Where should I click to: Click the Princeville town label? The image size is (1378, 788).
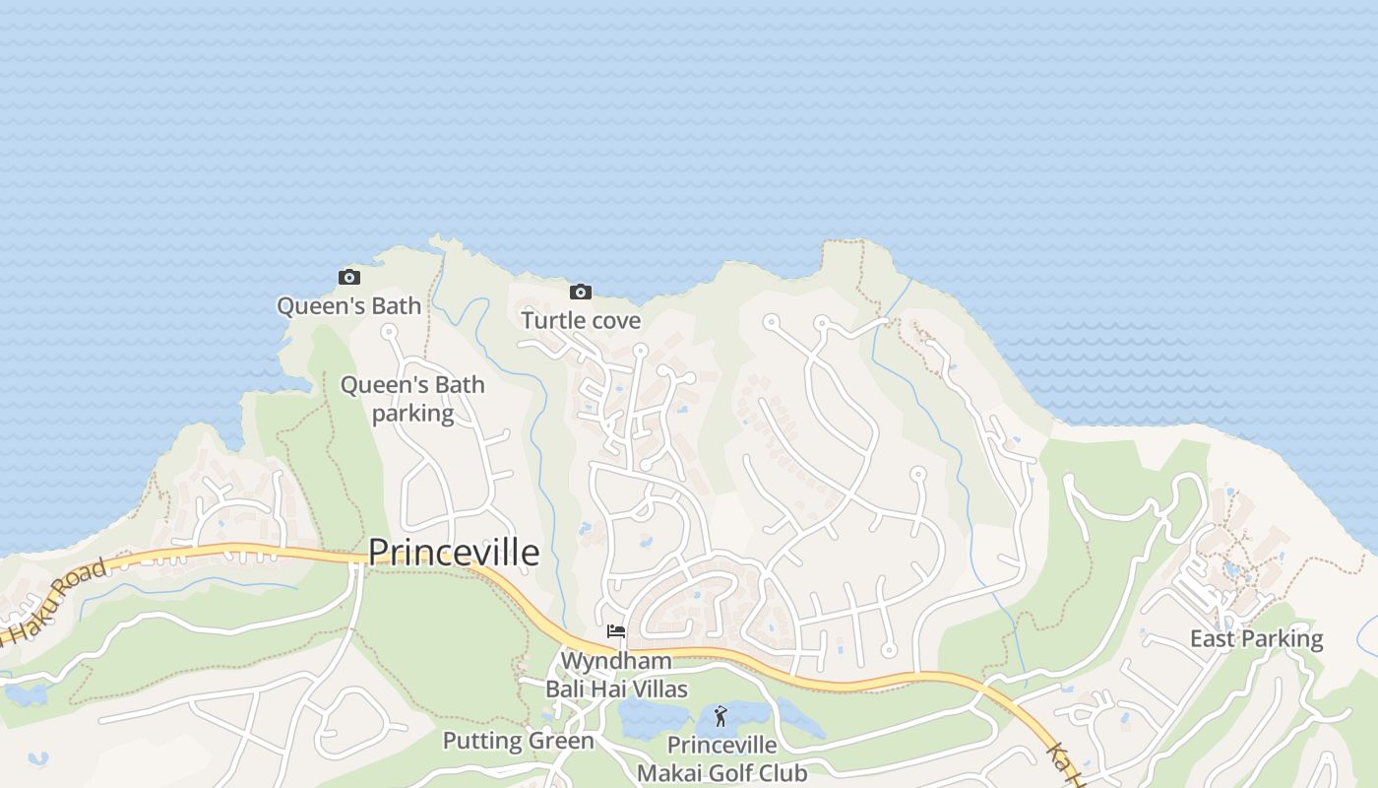pyautogui.click(x=454, y=553)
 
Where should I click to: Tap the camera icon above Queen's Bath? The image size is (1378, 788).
pyautogui.click(x=349, y=278)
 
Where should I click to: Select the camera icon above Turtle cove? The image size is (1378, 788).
pyautogui.click(x=581, y=292)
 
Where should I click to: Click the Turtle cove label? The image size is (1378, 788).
pyautogui.click(x=581, y=320)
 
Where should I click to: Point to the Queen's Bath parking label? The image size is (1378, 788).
pyautogui.click(x=412, y=399)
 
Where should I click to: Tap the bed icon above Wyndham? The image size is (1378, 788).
pyautogui.click(x=616, y=631)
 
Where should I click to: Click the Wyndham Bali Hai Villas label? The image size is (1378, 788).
pyautogui.click(x=616, y=675)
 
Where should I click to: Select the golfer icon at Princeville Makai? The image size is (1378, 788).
pyautogui.click(x=720, y=716)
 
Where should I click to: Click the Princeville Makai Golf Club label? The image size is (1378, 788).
pyautogui.click(x=721, y=758)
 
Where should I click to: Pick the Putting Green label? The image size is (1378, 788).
pyautogui.click(x=518, y=741)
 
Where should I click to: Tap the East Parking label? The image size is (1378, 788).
pyautogui.click(x=1256, y=638)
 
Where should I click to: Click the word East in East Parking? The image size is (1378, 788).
pyautogui.click(x=1212, y=638)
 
